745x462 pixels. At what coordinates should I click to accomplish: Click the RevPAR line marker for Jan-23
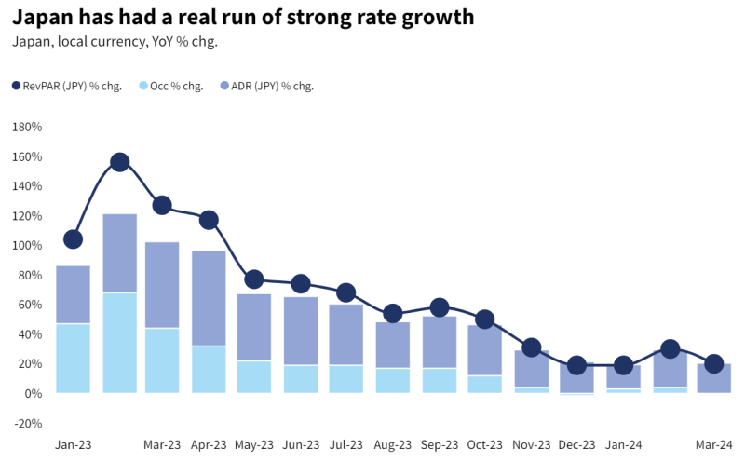73,239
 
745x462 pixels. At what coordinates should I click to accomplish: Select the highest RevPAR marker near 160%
119,162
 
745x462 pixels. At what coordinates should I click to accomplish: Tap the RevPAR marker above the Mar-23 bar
162,206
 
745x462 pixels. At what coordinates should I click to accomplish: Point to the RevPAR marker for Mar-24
714,364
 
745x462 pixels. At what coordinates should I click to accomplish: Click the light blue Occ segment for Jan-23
73,359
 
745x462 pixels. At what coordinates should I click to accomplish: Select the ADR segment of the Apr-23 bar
209,298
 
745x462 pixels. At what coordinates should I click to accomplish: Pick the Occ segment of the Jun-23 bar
301,379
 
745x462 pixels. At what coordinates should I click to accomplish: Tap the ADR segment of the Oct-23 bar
484,350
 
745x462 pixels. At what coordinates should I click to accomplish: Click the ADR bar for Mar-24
714,378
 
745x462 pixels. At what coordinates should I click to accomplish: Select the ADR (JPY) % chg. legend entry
271,86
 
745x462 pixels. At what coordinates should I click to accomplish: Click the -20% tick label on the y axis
27,423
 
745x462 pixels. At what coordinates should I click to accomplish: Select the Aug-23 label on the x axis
393,445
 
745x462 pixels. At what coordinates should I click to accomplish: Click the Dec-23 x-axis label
576,445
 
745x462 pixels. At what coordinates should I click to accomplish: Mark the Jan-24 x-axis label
622,445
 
